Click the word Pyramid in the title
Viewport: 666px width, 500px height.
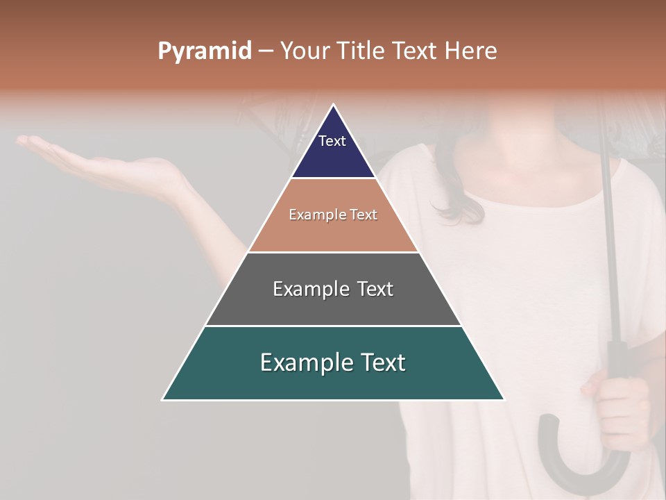204,51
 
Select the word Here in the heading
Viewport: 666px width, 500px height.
470,51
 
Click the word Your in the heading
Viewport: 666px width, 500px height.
305,51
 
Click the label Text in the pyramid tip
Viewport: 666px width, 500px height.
332,141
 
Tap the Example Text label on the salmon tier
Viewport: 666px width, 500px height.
333,215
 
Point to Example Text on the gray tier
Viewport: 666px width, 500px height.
333,289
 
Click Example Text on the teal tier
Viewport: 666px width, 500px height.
333,362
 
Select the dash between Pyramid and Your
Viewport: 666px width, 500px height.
266,51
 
